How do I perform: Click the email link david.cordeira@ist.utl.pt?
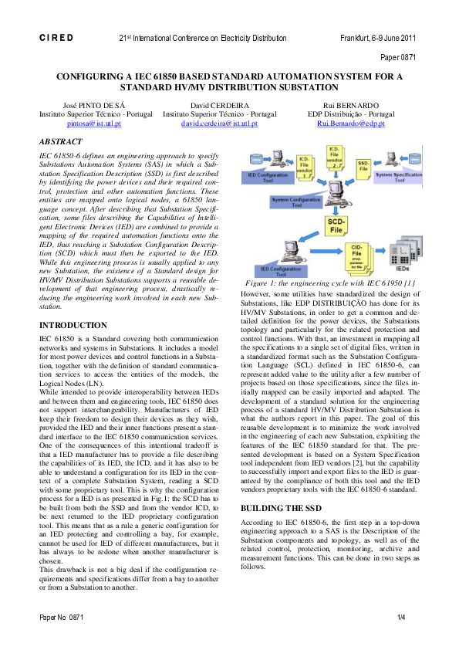click(219, 123)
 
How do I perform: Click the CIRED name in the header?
click(56, 37)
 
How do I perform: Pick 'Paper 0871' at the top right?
click(399, 57)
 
